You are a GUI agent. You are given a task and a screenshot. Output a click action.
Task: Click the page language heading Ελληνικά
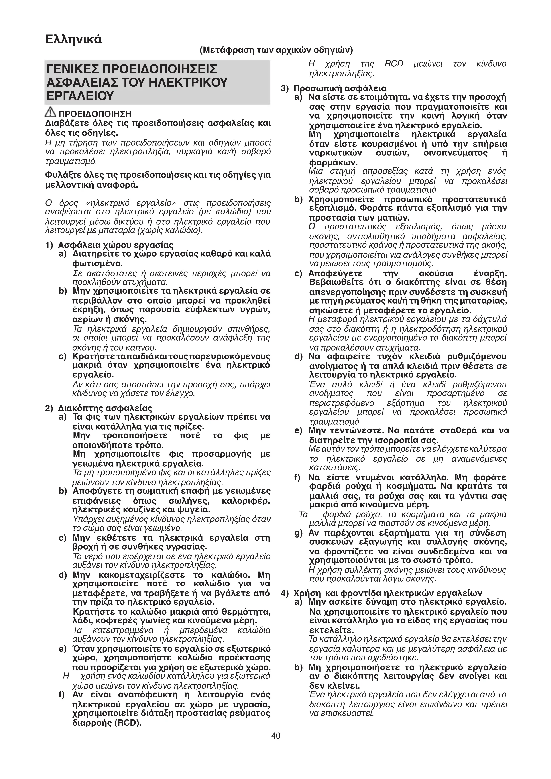point(73,40)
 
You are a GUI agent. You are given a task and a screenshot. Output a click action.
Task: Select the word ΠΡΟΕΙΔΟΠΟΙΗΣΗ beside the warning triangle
point(95,114)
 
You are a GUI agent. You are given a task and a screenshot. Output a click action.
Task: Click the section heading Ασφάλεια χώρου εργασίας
point(116,245)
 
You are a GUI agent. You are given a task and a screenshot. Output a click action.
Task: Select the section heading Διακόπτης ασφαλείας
point(105,408)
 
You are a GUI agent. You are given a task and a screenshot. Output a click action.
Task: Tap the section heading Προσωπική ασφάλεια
point(340,89)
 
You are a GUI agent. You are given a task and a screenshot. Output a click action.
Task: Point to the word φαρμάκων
point(333,162)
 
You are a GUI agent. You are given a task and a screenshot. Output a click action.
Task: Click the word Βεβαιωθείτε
point(333,283)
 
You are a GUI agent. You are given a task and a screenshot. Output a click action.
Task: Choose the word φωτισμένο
point(97,264)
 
